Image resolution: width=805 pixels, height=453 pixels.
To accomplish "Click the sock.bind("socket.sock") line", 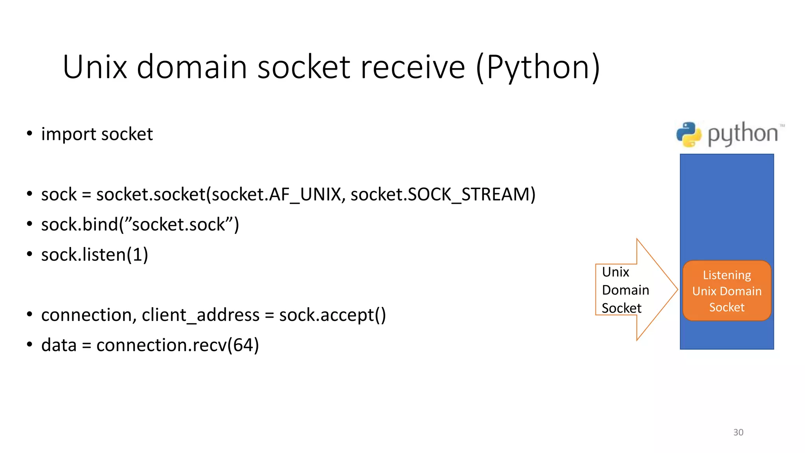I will coord(140,225).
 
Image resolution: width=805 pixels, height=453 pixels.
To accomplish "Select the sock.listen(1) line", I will coord(95,255).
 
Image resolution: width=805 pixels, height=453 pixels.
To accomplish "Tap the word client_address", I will coord(200,315).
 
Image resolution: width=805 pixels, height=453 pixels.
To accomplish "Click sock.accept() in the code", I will coord(333,315).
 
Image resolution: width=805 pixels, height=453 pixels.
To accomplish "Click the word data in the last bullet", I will coord(59,345).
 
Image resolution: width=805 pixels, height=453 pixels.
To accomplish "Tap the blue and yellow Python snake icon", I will coord(689,134).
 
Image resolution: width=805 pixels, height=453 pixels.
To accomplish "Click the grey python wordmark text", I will coord(743,134).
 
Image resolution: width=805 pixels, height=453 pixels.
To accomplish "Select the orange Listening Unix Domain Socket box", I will coord(727,291).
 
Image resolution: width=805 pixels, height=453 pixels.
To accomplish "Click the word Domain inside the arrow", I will coord(625,290).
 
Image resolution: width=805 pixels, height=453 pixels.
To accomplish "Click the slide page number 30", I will coord(738,432).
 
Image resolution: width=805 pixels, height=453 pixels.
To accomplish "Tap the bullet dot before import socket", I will coord(29,134).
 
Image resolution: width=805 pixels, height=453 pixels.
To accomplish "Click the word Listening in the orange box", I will coord(727,275).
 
